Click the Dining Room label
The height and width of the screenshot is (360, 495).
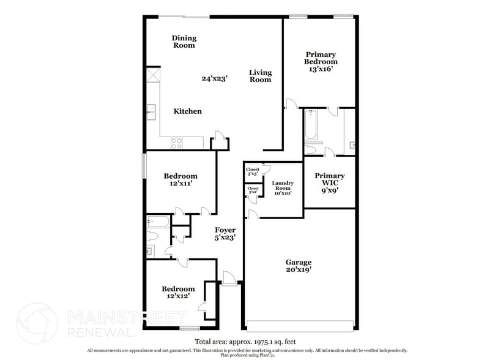(184, 42)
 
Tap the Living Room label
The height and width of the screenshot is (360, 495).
(260, 76)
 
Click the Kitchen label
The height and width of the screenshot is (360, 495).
(188, 111)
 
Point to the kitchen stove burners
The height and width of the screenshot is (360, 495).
(177, 143)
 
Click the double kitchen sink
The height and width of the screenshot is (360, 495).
(151, 112)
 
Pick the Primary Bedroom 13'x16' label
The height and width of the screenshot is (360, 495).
(321, 61)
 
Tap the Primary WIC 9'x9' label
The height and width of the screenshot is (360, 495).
(329, 182)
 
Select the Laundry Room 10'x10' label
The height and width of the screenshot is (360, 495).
(283, 188)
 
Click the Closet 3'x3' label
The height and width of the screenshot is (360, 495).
(253, 171)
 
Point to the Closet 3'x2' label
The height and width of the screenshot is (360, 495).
(253, 190)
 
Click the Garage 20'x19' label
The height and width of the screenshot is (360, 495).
(300, 264)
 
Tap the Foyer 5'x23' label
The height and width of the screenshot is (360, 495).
(225, 233)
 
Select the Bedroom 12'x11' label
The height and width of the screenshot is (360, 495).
(181, 180)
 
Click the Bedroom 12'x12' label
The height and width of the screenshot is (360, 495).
(178, 292)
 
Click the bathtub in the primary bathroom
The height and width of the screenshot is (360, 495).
(310, 126)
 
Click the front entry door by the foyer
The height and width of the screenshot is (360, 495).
(229, 279)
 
